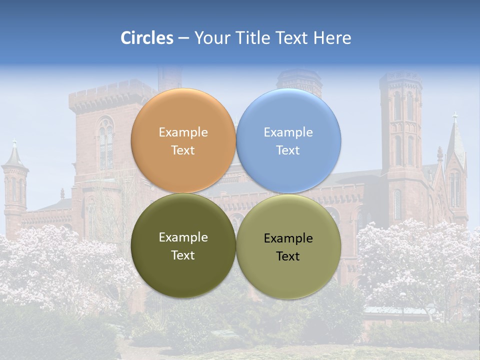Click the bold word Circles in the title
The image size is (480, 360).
tap(147, 38)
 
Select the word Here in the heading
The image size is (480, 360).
tap(332, 38)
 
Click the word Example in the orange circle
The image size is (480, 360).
tap(183, 132)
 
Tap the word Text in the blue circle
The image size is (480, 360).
tap(288, 150)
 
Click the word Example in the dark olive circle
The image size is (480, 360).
tap(183, 237)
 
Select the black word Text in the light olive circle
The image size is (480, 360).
tap(288, 256)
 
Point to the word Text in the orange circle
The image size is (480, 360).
tap(183, 150)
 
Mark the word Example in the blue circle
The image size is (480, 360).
tap(288, 132)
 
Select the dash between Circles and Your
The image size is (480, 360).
tap(183, 38)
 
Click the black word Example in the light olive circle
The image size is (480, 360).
tap(288, 238)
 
